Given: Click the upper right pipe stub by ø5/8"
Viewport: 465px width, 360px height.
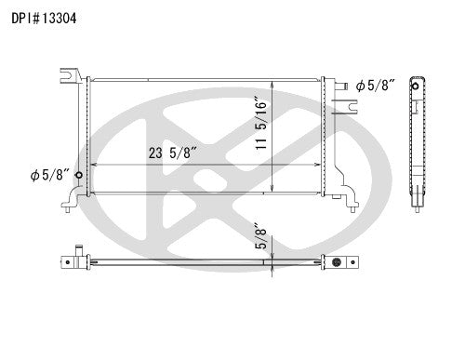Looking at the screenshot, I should (x=344, y=87).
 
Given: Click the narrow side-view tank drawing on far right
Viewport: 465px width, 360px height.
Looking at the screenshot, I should (x=415, y=140).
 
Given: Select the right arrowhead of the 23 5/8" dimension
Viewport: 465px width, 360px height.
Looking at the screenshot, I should (x=319, y=164).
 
